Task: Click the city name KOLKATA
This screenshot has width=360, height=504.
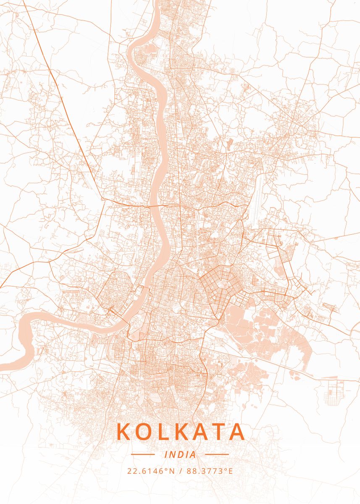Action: coord(180,432)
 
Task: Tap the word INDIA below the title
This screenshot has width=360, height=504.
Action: coord(180,454)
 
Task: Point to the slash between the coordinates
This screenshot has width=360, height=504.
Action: coord(180,471)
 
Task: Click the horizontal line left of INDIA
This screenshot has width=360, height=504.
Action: coord(143,454)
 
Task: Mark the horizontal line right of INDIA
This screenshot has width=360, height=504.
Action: coord(217,454)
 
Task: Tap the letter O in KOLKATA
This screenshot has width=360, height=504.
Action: coord(144,432)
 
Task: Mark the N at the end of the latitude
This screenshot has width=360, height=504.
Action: coord(172,471)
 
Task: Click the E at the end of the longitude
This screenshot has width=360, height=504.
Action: coord(230,471)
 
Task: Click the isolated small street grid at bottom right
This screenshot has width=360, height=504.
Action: coord(336,392)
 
